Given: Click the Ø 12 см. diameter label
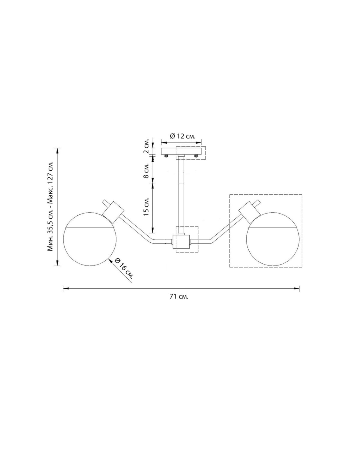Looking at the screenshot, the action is coord(183,136).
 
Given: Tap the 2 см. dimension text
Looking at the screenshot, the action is coord(147,146).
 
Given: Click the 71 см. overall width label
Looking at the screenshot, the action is coord(179,296).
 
